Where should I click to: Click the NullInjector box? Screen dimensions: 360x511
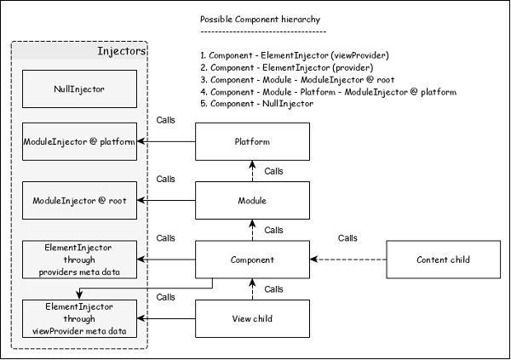78,86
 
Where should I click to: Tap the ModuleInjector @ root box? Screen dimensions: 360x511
78,200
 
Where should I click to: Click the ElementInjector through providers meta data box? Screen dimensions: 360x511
78,259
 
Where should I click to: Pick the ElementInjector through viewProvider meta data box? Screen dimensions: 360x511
78,317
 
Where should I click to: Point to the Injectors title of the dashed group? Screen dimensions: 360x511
122,53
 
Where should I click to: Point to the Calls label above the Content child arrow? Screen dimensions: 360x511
347,237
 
